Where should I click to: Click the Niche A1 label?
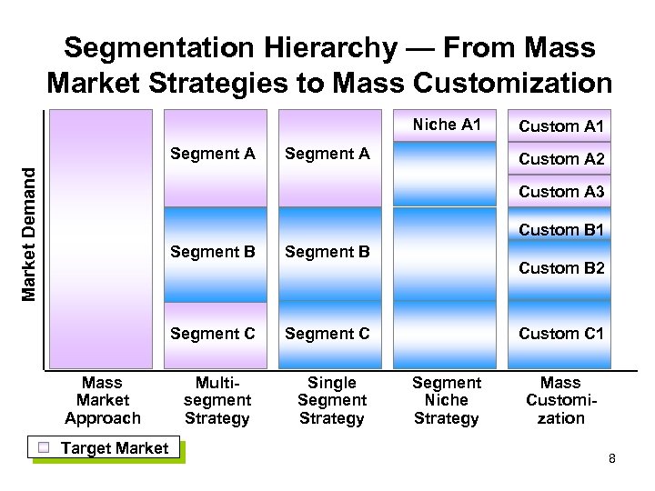click(446, 125)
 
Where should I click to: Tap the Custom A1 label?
click(561, 126)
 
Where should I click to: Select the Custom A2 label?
click(561, 159)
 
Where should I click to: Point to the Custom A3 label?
click(561, 192)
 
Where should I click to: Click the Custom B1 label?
click(561, 230)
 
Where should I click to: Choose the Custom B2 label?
click(561, 268)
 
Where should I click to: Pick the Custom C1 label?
click(561, 334)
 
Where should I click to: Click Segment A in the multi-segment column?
click(213, 154)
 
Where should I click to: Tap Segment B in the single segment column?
click(327, 252)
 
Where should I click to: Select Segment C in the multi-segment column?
click(213, 334)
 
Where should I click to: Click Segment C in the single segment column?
click(327, 334)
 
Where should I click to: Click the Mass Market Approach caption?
click(103, 400)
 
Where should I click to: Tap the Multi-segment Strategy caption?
click(217, 400)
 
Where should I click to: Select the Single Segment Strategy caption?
click(332, 400)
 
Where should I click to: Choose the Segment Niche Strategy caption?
click(446, 400)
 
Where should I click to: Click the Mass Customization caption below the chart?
click(560, 400)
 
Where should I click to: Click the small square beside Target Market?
click(43, 447)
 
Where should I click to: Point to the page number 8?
click(612, 458)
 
